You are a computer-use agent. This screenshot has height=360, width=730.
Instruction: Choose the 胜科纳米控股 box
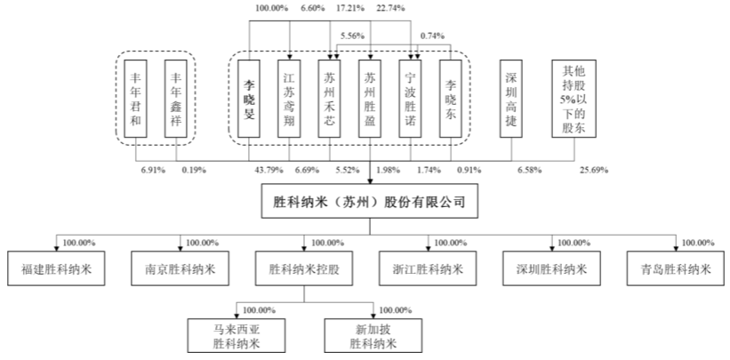point(305,268)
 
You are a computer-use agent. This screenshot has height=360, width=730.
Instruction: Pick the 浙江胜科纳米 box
point(428,268)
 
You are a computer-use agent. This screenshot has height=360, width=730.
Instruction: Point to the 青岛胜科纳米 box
point(676,268)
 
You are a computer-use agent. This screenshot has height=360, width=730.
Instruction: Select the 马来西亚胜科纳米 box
point(237,334)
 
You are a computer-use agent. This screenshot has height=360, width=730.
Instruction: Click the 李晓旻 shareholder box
point(250,100)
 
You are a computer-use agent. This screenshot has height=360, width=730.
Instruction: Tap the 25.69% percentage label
point(593,169)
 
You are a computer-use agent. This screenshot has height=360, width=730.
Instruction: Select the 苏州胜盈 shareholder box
point(371,100)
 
